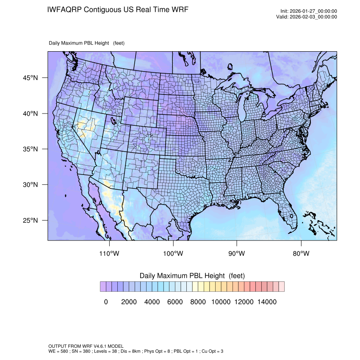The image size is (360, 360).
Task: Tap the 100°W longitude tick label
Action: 173,254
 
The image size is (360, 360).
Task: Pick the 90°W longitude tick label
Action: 237,254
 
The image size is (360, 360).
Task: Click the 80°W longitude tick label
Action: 301,254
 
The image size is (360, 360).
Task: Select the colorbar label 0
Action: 106,302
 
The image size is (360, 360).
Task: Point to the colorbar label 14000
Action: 267,302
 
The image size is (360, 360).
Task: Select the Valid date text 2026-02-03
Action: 313,17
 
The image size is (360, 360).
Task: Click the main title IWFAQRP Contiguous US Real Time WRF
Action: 118,9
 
